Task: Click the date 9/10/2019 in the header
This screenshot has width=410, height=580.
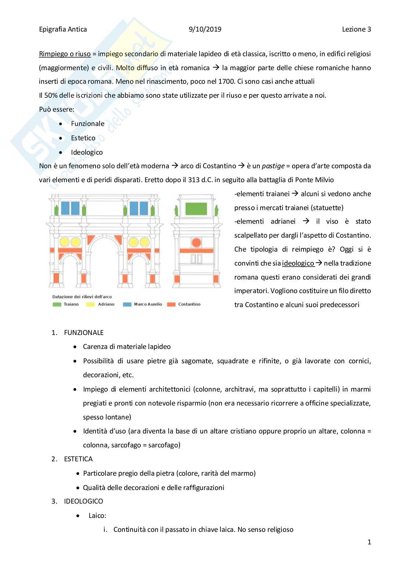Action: [x=205, y=29]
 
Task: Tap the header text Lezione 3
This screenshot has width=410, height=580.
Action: [x=356, y=29]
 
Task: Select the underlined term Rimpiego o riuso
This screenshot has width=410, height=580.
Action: [x=65, y=54]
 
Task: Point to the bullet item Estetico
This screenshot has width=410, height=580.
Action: [x=83, y=138]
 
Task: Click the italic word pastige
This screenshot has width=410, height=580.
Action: [x=273, y=166]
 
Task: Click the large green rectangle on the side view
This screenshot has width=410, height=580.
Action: [x=196, y=209]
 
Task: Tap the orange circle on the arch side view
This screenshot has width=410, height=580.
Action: [x=196, y=242]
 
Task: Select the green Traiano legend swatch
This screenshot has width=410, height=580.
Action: [x=57, y=305]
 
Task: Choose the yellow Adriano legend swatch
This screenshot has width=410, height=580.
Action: [x=90, y=305]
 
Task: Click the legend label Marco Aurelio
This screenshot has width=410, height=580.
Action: [x=148, y=305]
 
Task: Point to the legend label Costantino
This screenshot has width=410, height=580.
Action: [x=189, y=305]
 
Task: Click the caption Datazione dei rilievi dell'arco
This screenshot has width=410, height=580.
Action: [x=82, y=296]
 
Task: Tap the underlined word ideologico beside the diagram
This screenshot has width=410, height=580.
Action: [x=298, y=263]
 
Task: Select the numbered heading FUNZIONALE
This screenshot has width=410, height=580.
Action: [x=84, y=333]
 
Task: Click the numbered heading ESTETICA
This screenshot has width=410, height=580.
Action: [x=78, y=459]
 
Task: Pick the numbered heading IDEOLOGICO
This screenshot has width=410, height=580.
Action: [x=83, y=501]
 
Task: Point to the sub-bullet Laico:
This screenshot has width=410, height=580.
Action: [x=97, y=516]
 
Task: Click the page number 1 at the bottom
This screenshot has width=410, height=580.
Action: [x=369, y=542]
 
